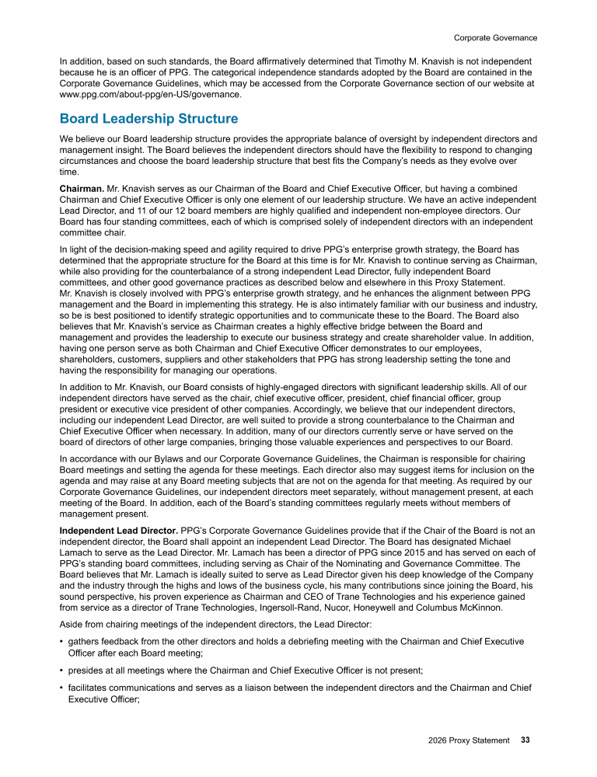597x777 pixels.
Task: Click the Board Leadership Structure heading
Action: point(148,119)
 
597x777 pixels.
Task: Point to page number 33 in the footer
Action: point(525,740)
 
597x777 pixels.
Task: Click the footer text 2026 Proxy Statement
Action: point(469,740)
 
